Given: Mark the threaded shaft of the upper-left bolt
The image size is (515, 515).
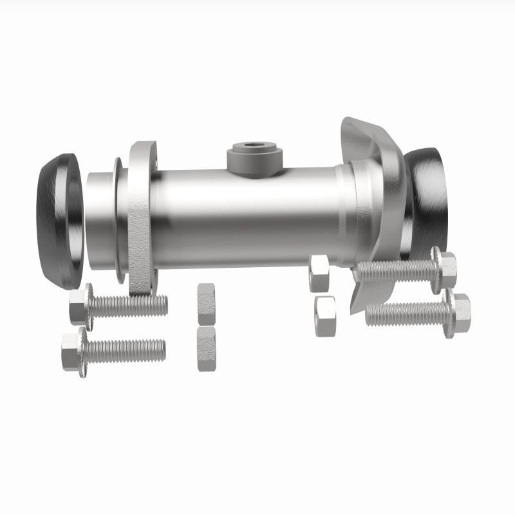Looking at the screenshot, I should [x=129, y=305].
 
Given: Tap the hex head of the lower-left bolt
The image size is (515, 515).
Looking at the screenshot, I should [x=73, y=351].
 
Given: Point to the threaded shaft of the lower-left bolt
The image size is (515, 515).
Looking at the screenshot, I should [x=126, y=350].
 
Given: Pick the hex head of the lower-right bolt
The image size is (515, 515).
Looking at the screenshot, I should [x=458, y=314].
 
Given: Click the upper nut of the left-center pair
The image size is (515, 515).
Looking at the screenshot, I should [x=207, y=304].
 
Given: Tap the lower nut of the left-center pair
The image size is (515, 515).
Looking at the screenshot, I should [x=206, y=348].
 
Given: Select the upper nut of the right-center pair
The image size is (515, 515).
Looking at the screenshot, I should [x=319, y=272].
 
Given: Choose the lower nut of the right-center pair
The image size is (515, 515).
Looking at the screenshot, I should [x=326, y=316].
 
